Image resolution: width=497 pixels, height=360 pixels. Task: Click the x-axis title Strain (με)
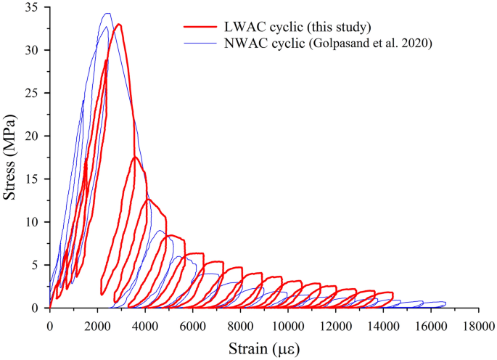263,348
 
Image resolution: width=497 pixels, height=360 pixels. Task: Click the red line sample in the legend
199,28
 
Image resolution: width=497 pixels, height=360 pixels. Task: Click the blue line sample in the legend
199,43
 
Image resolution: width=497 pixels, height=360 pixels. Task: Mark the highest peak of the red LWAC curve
118,24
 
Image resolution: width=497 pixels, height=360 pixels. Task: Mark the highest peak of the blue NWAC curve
107,13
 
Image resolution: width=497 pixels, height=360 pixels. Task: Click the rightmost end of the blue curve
445,303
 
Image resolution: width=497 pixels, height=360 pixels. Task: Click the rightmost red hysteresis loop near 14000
382,298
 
